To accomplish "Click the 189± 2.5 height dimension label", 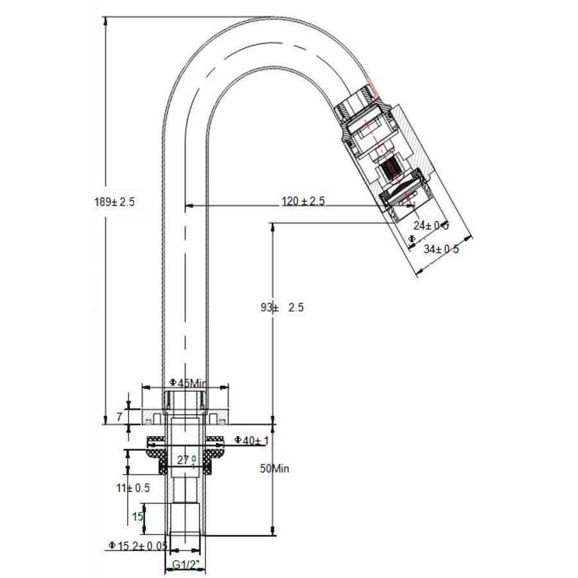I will [114, 201].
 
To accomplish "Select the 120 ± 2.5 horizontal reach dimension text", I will [303, 202].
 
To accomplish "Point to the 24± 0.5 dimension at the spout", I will [430, 225].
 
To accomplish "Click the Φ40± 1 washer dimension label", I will [250, 440].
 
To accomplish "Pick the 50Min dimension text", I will [275, 469].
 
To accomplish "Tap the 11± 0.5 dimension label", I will [134, 487].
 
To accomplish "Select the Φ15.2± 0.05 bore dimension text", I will [139, 545].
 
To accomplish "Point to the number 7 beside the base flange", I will [119, 417].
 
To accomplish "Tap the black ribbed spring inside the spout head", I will [391, 171].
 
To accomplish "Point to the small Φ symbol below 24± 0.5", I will [412, 238].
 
